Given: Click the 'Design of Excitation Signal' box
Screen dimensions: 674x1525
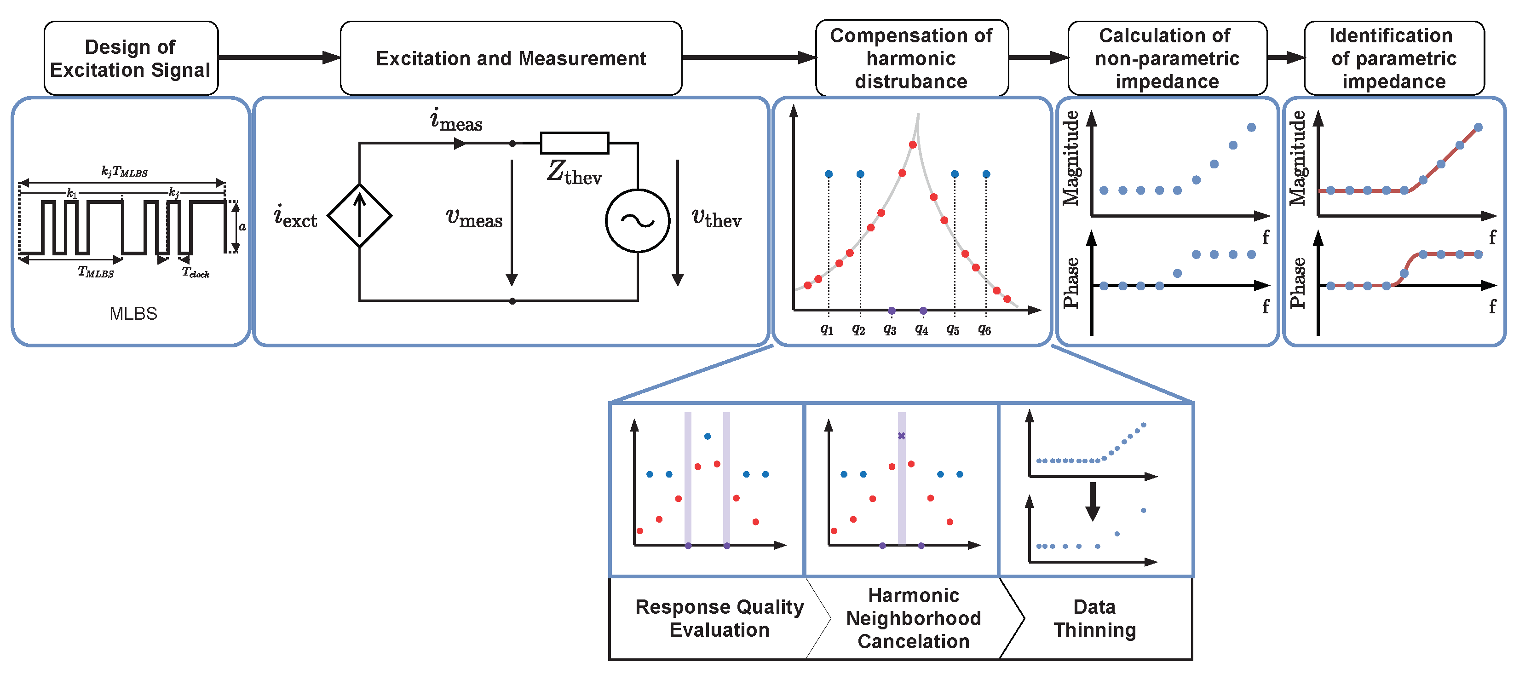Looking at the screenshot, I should click(131, 58).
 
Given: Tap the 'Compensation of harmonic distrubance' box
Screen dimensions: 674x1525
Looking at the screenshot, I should click(911, 58).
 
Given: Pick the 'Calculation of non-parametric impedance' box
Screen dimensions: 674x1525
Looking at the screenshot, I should click(1167, 58).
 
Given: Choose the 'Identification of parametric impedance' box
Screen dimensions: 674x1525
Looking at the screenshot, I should click(1393, 58).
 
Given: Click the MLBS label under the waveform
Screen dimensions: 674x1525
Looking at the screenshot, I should click(133, 313).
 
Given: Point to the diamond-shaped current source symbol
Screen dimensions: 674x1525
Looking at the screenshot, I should click(359, 216).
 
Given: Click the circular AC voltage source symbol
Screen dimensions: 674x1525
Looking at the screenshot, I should click(637, 221).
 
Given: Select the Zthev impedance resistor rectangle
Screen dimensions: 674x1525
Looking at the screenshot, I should click(574, 143).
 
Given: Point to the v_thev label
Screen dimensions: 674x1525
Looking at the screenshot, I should click(716, 218).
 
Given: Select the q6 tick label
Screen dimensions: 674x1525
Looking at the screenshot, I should click(984, 329).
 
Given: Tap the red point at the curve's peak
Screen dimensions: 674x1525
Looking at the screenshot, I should click(913, 144).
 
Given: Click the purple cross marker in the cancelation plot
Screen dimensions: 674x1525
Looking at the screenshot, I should click(901, 436).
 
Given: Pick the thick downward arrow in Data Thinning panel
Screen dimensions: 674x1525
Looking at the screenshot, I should click(1093, 501).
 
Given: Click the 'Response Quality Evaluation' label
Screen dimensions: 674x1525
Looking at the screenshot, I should click(719, 618).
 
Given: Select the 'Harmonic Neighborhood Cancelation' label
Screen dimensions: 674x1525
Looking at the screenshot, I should click(914, 618).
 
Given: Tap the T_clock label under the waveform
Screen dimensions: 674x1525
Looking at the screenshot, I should click(196, 272).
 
